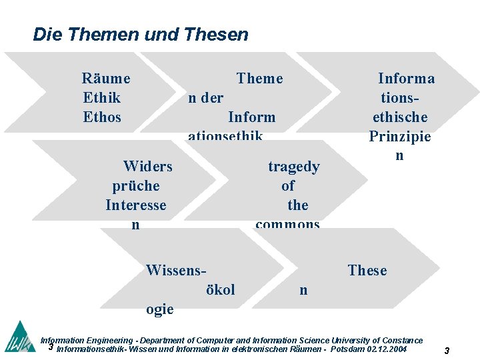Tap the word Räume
point(106,79)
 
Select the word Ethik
point(102,98)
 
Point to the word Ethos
point(102,117)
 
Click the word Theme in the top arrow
point(259,79)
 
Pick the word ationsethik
point(225,136)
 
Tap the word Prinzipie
point(400,137)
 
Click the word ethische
point(400,117)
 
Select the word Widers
point(148,167)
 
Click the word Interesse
point(136,205)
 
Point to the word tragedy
point(294,167)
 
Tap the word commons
point(288,224)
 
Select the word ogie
point(160,309)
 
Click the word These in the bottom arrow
point(367,271)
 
